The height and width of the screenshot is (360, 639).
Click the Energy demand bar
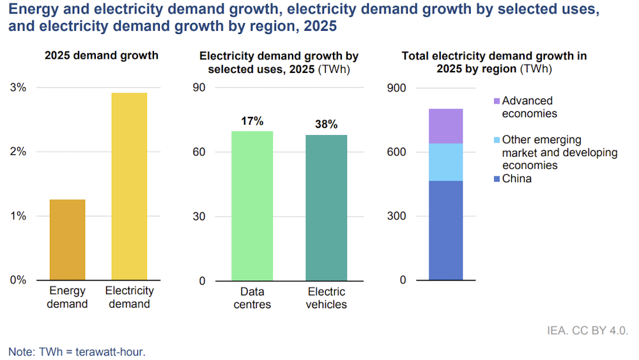click(67, 240)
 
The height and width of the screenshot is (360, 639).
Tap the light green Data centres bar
click(252, 205)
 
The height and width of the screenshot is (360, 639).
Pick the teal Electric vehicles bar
click(327, 207)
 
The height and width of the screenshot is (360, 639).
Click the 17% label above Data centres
click(252, 121)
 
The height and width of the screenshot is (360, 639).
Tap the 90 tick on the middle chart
click(199, 88)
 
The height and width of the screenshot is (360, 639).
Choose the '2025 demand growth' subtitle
click(101, 56)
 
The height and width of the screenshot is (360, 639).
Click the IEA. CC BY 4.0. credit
click(587, 331)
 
